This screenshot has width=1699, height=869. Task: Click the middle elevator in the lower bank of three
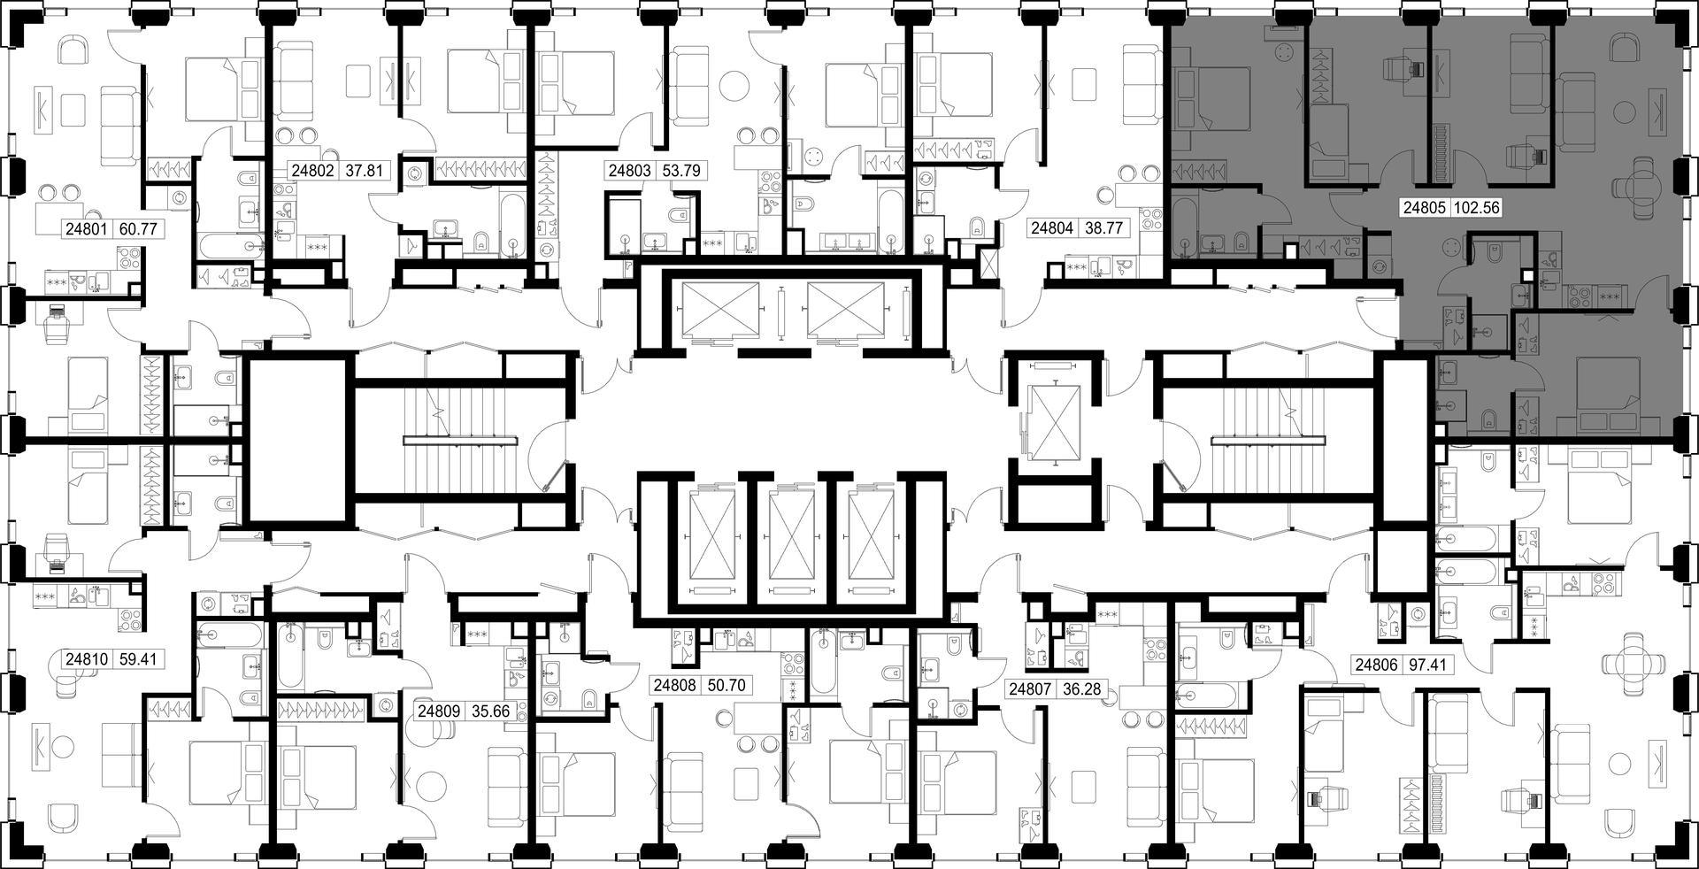792,540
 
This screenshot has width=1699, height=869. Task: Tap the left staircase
460,440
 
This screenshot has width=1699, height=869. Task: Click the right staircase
1268,440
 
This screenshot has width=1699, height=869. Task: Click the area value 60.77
137,229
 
